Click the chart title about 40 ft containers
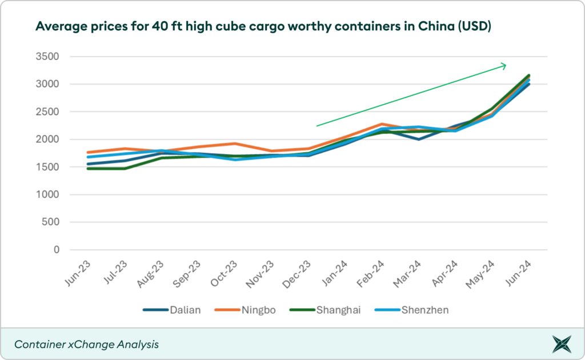(x=263, y=26)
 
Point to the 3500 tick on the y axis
(x=49, y=57)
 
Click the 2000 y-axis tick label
(x=49, y=139)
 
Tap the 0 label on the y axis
(x=57, y=250)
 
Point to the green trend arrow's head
(x=504, y=66)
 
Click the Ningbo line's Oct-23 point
(x=234, y=143)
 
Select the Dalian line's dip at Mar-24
(x=419, y=139)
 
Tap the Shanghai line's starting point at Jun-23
(x=87, y=169)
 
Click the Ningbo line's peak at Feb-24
(x=382, y=124)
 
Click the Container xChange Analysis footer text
(x=86, y=345)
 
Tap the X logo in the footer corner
(x=561, y=345)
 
